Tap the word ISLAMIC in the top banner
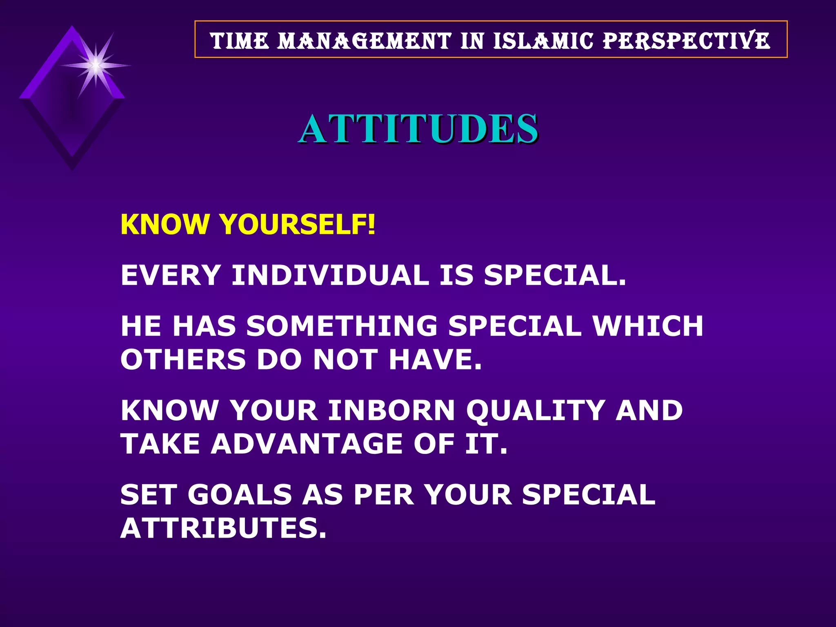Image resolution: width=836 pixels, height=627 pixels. tap(543, 41)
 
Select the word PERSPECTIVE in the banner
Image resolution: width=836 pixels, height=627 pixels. tap(687, 41)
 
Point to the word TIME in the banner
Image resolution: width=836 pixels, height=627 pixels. tap(240, 41)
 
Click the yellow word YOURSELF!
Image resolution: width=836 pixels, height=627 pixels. tap(297, 225)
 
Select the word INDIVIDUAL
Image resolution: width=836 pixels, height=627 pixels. tap(330, 275)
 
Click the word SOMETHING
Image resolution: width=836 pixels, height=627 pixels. tap(342, 326)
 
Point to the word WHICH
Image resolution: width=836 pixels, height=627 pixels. tap(648, 326)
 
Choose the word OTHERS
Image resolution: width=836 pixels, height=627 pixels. tap(183, 360)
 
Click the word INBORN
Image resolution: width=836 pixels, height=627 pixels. tap(391, 410)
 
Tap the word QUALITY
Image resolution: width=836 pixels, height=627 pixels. tap(535, 410)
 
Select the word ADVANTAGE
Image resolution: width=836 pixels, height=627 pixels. tap(307, 444)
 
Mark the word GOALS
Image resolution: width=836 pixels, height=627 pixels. tap(240, 494)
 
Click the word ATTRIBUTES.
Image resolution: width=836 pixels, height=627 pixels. tap(223, 528)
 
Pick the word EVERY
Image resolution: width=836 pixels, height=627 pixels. tap(171, 275)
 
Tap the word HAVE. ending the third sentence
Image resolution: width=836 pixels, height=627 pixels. tap(435, 360)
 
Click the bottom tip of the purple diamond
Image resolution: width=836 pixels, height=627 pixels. tap(72, 168)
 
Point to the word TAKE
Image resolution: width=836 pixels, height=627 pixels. tap(160, 444)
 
